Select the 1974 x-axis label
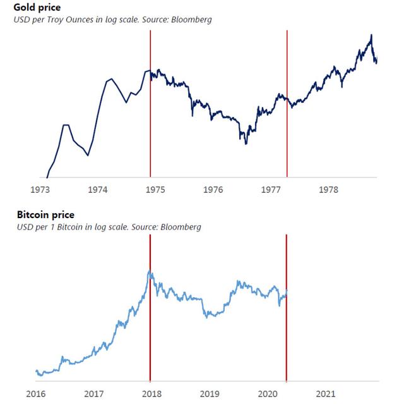pos(97,189)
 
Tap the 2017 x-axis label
pos(93,394)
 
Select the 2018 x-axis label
pos(150,394)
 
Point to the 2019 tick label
pos(208,394)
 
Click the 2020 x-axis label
pos(265,394)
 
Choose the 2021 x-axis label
pos(323,394)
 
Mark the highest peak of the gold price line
pos(371,35)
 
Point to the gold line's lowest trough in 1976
pos(246,144)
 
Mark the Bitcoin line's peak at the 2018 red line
pos(150,272)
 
